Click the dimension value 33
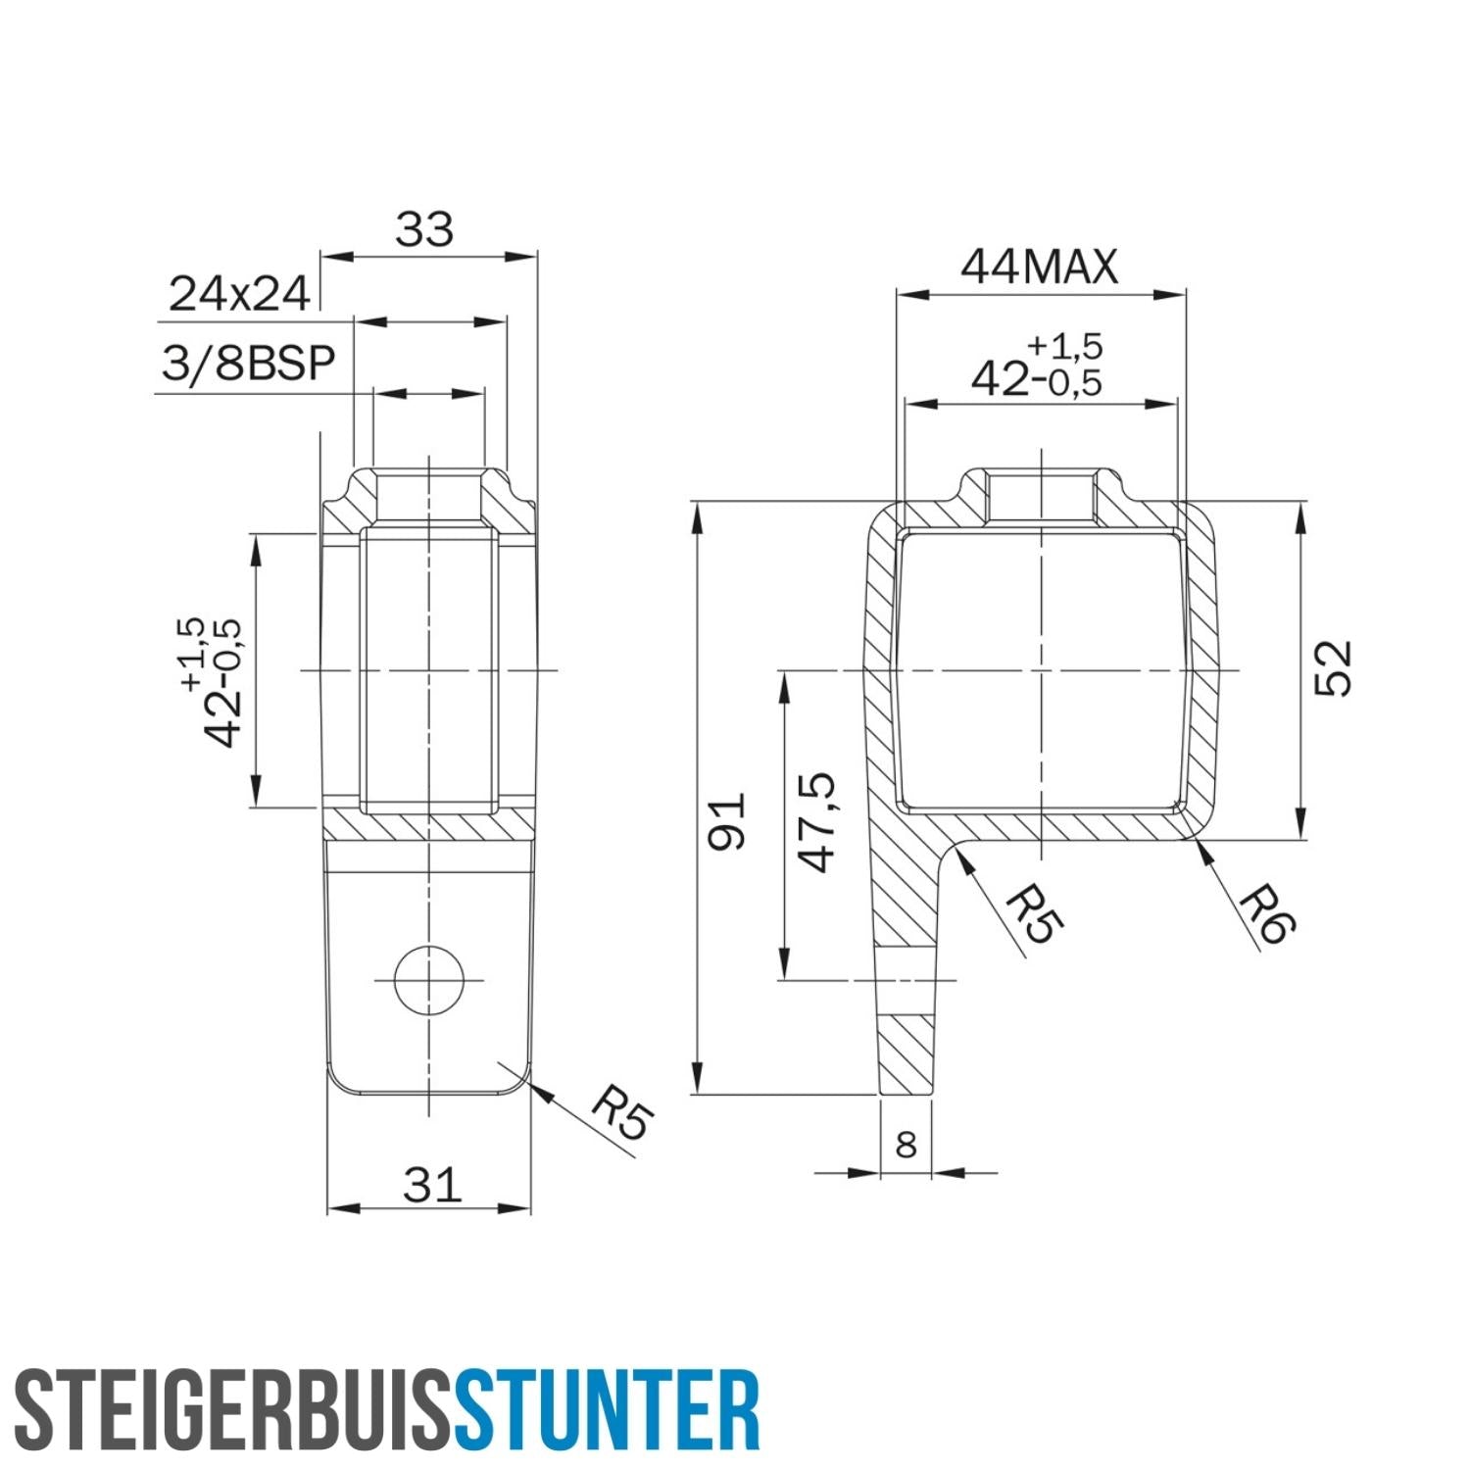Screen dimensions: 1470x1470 pos(424,230)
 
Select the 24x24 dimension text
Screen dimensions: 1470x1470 pos(239,294)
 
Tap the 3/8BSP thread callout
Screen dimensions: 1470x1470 pos(248,364)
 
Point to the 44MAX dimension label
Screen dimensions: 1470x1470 pos(1039,267)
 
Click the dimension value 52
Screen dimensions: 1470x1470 pos(1333,668)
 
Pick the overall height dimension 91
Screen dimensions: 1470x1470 pos(727,821)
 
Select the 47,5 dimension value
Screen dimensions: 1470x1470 pos(816,821)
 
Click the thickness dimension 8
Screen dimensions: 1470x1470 pos(906,1144)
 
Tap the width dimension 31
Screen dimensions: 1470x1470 pos(432,1185)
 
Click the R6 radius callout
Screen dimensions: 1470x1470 pos(1267,914)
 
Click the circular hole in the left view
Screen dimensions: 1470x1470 pos(429,979)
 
